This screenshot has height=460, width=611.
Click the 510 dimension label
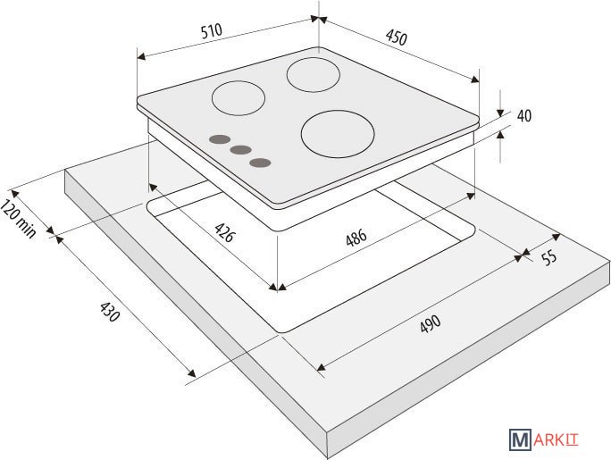(x=212, y=30)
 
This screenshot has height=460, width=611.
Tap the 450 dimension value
(x=397, y=38)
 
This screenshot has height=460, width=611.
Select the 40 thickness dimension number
(x=524, y=116)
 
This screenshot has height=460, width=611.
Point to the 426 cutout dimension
(x=225, y=232)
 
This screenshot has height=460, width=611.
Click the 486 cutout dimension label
(x=356, y=238)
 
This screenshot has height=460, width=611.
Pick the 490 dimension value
(x=431, y=323)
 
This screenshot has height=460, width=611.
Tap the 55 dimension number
(x=549, y=257)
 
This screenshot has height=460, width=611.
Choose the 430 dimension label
(x=110, y=312)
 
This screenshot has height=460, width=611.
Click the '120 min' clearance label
(x=18, y=219)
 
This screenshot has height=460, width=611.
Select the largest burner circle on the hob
(x=338, y=134)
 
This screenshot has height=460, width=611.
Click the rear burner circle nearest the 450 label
(x=314, y=75)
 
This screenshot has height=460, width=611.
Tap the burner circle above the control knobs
(x=239, y=98)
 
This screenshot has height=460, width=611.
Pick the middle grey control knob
(x=240, y=149)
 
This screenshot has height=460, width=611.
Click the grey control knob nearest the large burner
(x=260, y=163)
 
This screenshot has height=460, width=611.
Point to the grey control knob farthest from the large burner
(x=220, y=139)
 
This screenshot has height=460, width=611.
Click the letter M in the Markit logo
(x=520, y=439)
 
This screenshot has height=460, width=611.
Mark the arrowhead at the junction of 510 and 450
(x=318, y=19)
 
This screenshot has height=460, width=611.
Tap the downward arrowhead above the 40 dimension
(x=500, y=113)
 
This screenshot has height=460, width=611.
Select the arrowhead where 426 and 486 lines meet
(x=278, y=289)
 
